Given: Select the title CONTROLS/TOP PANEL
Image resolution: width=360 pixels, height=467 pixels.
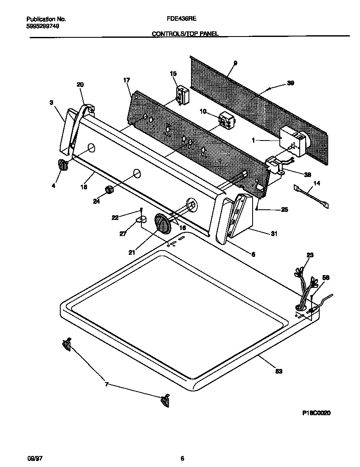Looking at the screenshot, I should click(x=185, y=34).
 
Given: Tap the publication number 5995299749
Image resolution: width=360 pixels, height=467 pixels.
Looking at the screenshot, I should click(x=42, y=26).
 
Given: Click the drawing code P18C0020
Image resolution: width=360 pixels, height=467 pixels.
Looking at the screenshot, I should click(x=316, y=412).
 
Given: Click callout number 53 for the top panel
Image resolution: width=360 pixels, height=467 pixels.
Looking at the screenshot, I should click(x=278, y=371).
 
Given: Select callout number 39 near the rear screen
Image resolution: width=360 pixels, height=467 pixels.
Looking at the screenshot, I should click(x=290, y=83).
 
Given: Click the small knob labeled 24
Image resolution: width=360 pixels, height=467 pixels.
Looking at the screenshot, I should click(x=110, y=190).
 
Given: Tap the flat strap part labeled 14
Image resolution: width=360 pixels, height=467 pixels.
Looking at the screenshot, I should click(x=312, y=195).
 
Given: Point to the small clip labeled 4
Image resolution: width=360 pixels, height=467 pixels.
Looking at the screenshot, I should click(x=62, y=165).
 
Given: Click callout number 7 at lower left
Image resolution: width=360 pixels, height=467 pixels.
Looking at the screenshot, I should click(x=107, y=385).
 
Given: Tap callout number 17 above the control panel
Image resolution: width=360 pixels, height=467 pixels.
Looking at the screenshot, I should click(x=127, y=80).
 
